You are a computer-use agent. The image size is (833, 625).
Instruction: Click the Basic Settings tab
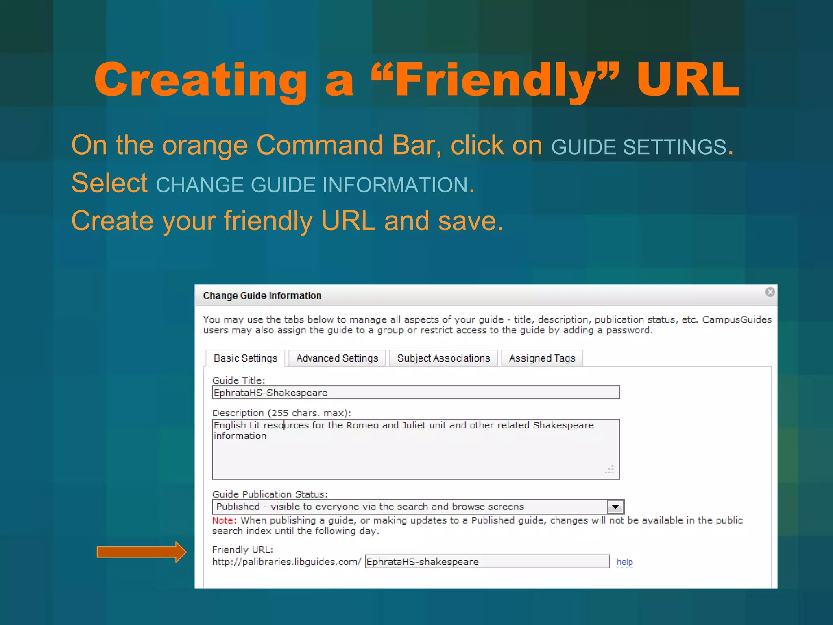click(245, 358)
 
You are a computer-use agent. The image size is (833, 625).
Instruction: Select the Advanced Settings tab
click(337, 358)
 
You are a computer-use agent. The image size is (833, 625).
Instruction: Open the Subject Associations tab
click(443, 358)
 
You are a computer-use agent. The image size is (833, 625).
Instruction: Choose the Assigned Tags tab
click(542, 358)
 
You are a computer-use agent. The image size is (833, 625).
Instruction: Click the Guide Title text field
click(415, 393)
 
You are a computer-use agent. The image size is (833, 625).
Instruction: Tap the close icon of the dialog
click(770, 292)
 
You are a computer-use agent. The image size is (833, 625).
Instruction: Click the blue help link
click(625, 562)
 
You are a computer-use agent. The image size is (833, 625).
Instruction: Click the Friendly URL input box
click(487, 562)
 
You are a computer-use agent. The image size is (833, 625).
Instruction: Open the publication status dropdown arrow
click(615, 507)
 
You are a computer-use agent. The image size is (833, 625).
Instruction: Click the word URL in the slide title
click(688, 80)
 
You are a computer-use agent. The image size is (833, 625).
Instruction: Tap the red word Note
click(224, 520)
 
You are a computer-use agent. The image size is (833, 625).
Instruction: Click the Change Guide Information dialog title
click(262, 296)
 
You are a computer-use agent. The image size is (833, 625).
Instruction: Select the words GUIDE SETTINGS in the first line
click(639, 147)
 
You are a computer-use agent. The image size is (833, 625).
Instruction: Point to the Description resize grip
click(610, 470)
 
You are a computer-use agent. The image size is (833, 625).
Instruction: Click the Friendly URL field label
click(243, 550)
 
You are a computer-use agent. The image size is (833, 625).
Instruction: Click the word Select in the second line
click(109, 183)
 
